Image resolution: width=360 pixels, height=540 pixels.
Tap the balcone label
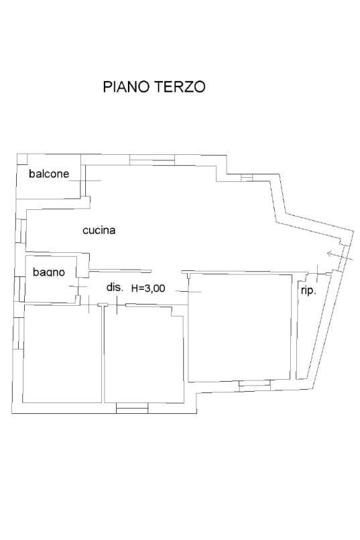click(48, 174)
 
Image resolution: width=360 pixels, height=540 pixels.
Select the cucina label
click(99, 230)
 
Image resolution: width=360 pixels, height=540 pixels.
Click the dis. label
click(115, 287)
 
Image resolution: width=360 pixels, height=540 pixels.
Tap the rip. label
click(308, 290)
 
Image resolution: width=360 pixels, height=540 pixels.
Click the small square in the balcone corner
click(22, 160)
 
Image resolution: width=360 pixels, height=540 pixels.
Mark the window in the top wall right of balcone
click(150, 160)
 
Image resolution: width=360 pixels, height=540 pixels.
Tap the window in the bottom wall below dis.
click(132, 407)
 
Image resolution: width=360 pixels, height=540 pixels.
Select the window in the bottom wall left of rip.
click(253, 384)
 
